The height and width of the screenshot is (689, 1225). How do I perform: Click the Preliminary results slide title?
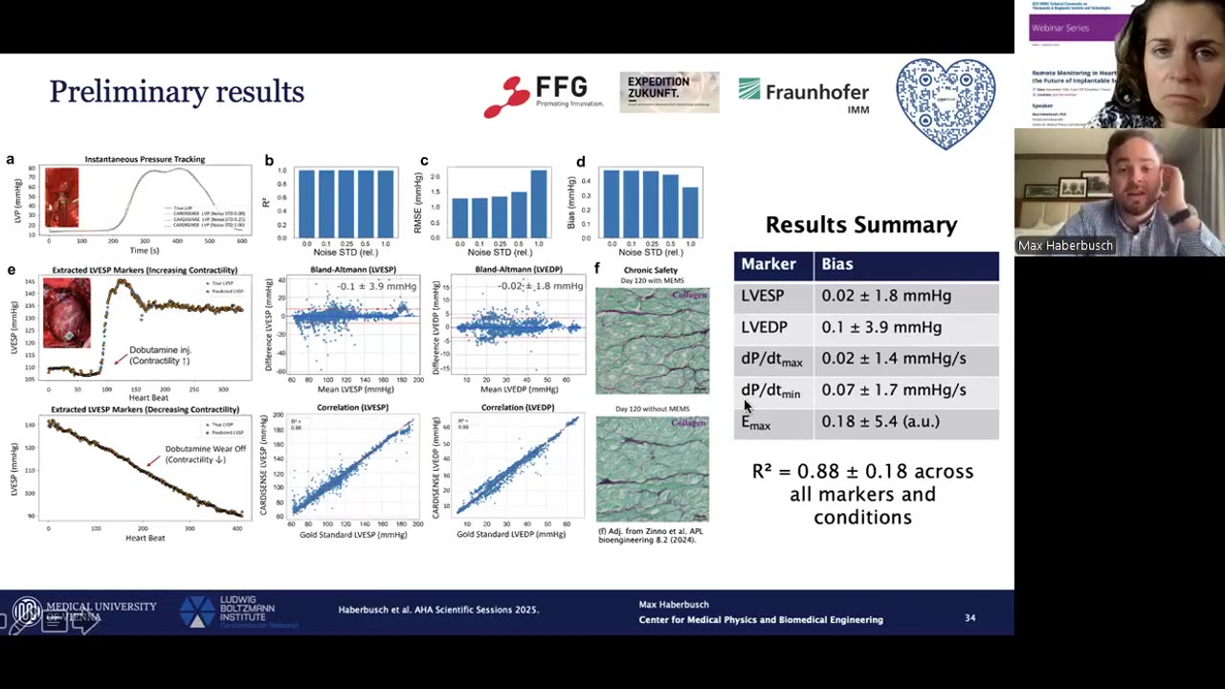click(x=176, y=92)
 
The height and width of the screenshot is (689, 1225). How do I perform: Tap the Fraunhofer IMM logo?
click(x=804, y=95)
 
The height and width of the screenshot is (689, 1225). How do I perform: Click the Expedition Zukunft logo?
click(x=669, y=93)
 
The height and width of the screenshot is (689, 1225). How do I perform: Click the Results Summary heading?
click(x=861, y=225)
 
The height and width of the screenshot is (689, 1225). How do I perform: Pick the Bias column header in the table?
click(x=837, y=264)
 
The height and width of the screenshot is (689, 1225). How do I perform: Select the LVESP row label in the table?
click(x=763, y=296)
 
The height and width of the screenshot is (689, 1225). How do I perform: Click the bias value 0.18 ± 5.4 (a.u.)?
click(x=880, y=421)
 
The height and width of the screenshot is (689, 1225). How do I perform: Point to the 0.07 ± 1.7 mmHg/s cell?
click(x=894, y=389)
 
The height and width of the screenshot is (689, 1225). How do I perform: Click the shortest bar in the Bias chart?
click(x=691, y=211)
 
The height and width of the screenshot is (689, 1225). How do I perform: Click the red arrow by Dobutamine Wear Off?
click(x=153, y=461)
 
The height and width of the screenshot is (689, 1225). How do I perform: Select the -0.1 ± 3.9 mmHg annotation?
click(x=376, y=286)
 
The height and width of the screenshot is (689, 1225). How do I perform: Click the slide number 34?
click(x=969, y=618)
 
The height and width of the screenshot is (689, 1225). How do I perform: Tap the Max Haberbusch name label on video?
click(x=1065, y=246)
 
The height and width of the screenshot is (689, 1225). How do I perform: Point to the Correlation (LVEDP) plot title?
click(x=517, y=408)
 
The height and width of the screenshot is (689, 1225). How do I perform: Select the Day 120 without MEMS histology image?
click(x=652, y=469)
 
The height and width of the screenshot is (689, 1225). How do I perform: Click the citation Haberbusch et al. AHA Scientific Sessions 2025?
click(x=438, y=610)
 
